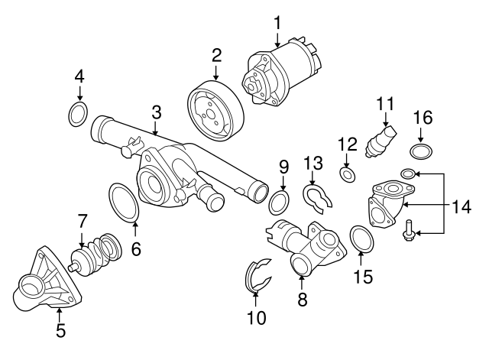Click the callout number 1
(x=277, y=23)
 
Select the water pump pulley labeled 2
(x=215, y=111)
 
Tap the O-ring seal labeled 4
(x=78, y=115)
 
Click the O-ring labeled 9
(x=281, y=203)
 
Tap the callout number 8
(x=302, y=300)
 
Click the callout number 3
(x=156, y=113)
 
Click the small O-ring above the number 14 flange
(x=408, y=174)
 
